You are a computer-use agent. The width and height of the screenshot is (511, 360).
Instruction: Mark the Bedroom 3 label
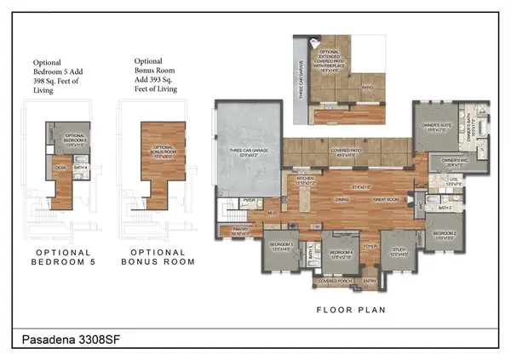(x=281, y=246)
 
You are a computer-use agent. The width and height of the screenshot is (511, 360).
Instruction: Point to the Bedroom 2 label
(x=445, y=236)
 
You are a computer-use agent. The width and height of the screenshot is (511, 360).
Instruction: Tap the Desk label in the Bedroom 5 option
(x=60, y=168)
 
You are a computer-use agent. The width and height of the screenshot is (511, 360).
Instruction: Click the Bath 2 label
(x=444, y=208)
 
